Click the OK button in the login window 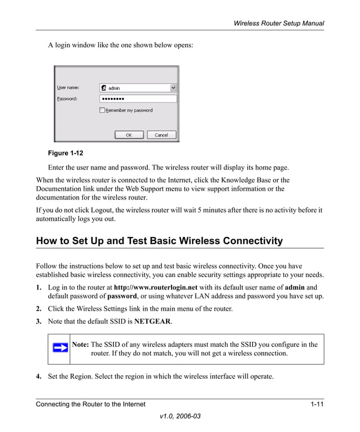[129, 135]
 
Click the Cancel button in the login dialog [161, 135]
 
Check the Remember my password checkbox [102, 111]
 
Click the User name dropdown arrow [173, 88]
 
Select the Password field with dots [138, 99]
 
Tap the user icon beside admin [104, 88]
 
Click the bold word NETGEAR [153, 321]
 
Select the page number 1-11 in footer [317, 404]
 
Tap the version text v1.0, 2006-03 [180, 416]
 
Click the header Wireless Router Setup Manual [279, 23]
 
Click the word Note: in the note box [81, 345]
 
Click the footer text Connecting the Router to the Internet [91, 404]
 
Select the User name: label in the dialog [68, 87]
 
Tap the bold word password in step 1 [122, 296]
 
